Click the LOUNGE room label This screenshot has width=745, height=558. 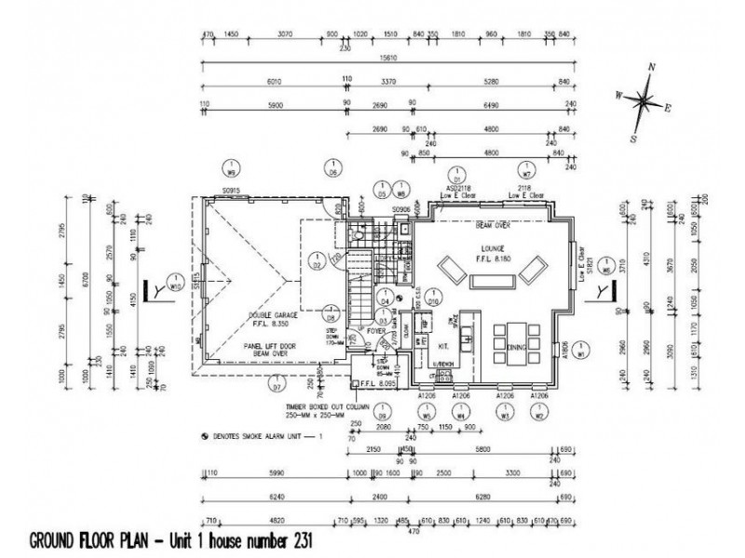tap(492, 248)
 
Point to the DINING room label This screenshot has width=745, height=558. tap(507, 346)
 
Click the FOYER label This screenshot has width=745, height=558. tap(375, 330)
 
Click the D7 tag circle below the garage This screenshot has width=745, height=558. tap(276, 380)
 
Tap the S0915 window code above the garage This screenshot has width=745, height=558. tap(232, 192)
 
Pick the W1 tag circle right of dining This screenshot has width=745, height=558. tap(580, 352)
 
